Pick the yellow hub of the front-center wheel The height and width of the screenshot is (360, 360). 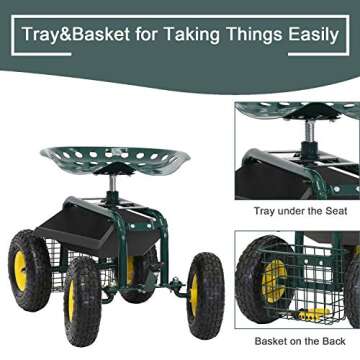[x=83, y=301]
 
